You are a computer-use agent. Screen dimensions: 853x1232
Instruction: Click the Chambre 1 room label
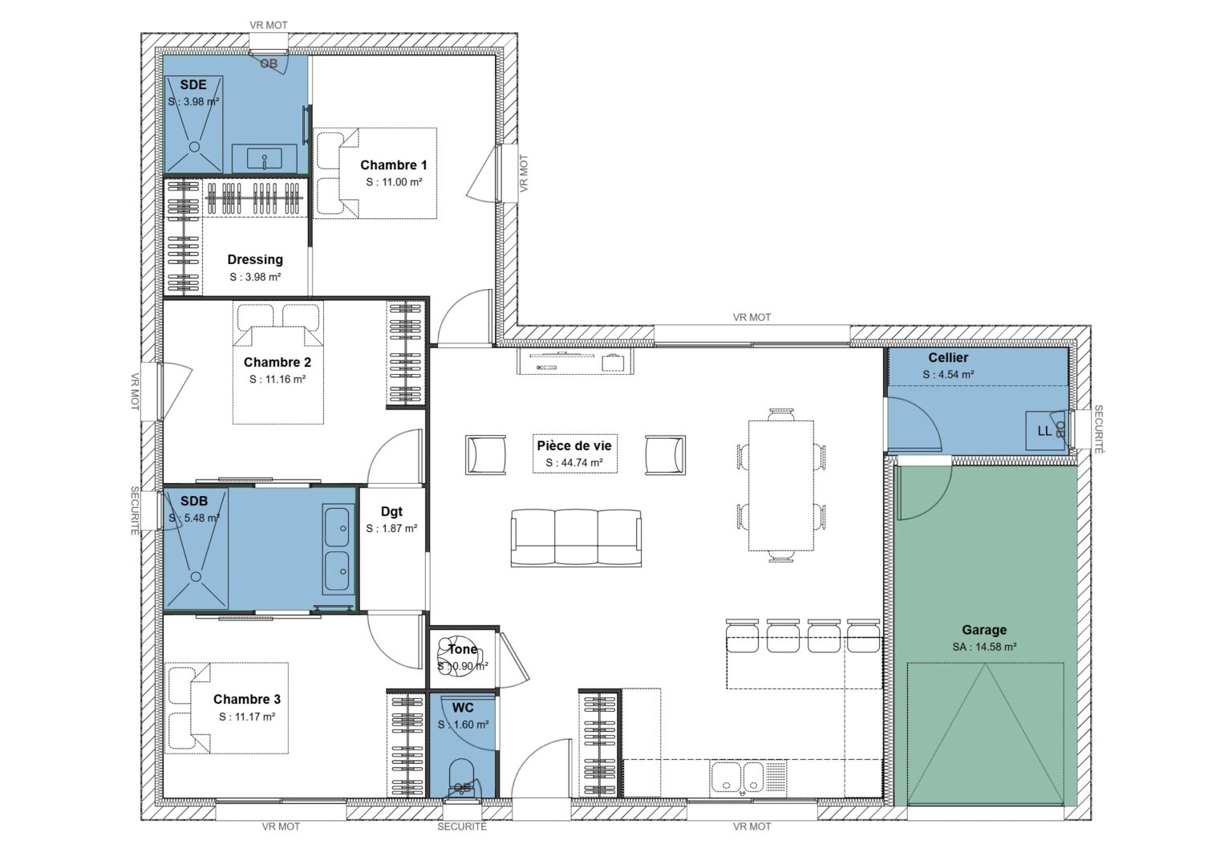(x=393, y=165)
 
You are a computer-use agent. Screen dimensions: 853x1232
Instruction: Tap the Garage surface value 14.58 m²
(x=984, y=647)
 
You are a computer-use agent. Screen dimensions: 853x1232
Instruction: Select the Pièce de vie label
(x=573, y=446)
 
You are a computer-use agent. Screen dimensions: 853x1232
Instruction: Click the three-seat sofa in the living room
(x=576, y=538)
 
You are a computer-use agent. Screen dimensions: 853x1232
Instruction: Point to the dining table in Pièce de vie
(x=780, y=485)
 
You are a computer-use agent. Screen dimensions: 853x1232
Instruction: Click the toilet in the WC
(x=462, y=777)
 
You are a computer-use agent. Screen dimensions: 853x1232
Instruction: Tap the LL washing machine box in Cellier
(x=1044, y=431)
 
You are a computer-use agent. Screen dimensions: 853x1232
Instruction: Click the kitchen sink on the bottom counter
(x=738, y=777)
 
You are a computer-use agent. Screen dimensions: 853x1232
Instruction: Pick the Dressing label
(x=255, y=260)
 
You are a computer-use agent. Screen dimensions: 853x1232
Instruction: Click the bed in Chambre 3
(x=227, y=708)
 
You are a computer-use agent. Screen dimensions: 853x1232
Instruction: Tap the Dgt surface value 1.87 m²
(x=391, y=529)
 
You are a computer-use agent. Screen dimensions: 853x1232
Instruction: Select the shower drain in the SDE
(x=194, y=147)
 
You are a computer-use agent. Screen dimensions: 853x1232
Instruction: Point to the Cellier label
(x=948, y=358)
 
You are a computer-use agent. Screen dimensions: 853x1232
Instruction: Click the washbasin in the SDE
(x=264, y=158)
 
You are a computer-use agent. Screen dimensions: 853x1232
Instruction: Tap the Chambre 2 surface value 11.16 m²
(x=277, y=380)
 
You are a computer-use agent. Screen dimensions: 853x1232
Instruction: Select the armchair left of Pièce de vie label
(x=486, y=455)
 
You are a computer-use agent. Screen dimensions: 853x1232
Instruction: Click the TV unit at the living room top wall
(x=574, y=362)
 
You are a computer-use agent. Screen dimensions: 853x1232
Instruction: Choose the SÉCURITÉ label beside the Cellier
(x=1098, y=429)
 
